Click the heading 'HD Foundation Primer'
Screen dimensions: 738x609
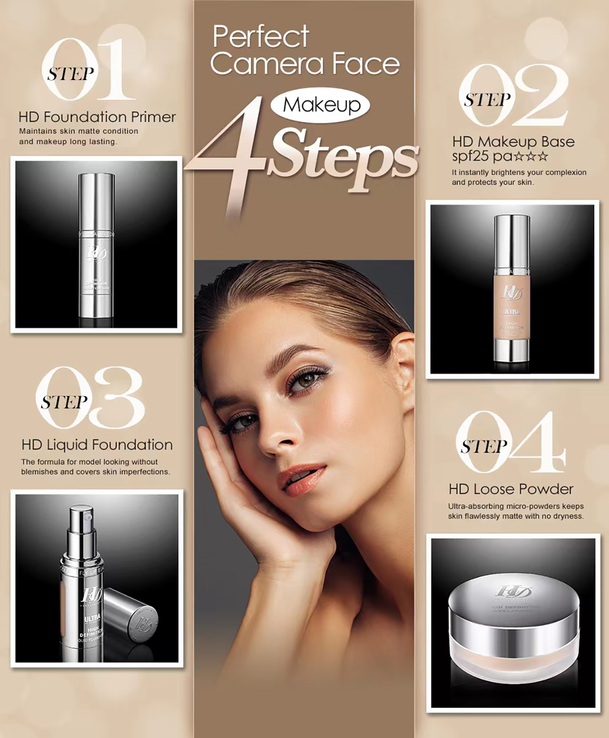(97, 117)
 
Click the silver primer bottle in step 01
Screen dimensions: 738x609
(97, 248)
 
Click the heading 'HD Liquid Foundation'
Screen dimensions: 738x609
(97, 445)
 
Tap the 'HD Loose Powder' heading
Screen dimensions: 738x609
(511, 489)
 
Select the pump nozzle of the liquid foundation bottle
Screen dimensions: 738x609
(82, 519)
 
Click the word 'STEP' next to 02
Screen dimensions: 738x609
(487, 100)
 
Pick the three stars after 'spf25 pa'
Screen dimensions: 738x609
(532, 156)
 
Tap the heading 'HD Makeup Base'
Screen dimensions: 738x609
(513, 142)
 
